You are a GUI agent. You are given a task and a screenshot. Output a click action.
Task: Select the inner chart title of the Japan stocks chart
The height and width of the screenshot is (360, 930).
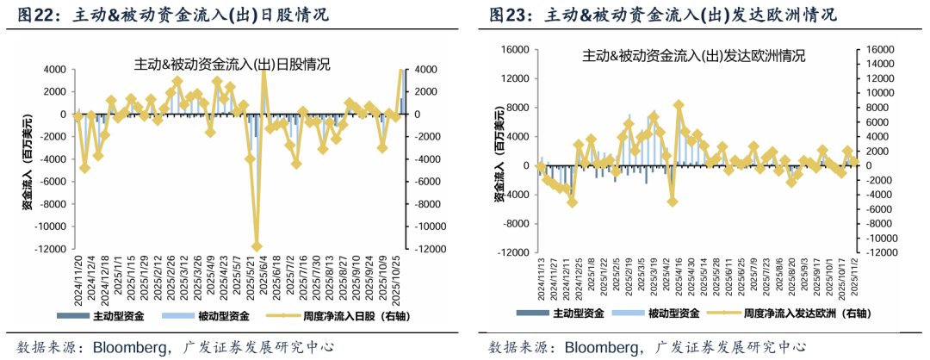[232, 63]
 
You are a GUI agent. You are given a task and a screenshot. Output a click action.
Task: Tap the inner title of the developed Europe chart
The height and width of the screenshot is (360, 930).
[693, 56]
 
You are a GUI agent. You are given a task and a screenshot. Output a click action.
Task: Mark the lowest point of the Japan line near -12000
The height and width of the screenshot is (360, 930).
[256, 247]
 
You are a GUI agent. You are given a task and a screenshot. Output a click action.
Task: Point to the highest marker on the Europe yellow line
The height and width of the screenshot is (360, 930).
[679, 105]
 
